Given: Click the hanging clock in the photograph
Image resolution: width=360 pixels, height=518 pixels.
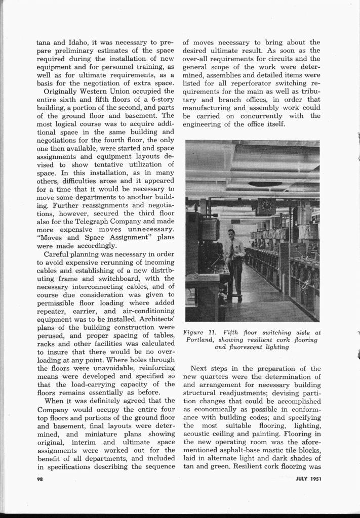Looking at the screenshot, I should pos(265,206).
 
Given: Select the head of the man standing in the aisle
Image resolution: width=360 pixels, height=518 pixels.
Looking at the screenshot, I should pos(231,234).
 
